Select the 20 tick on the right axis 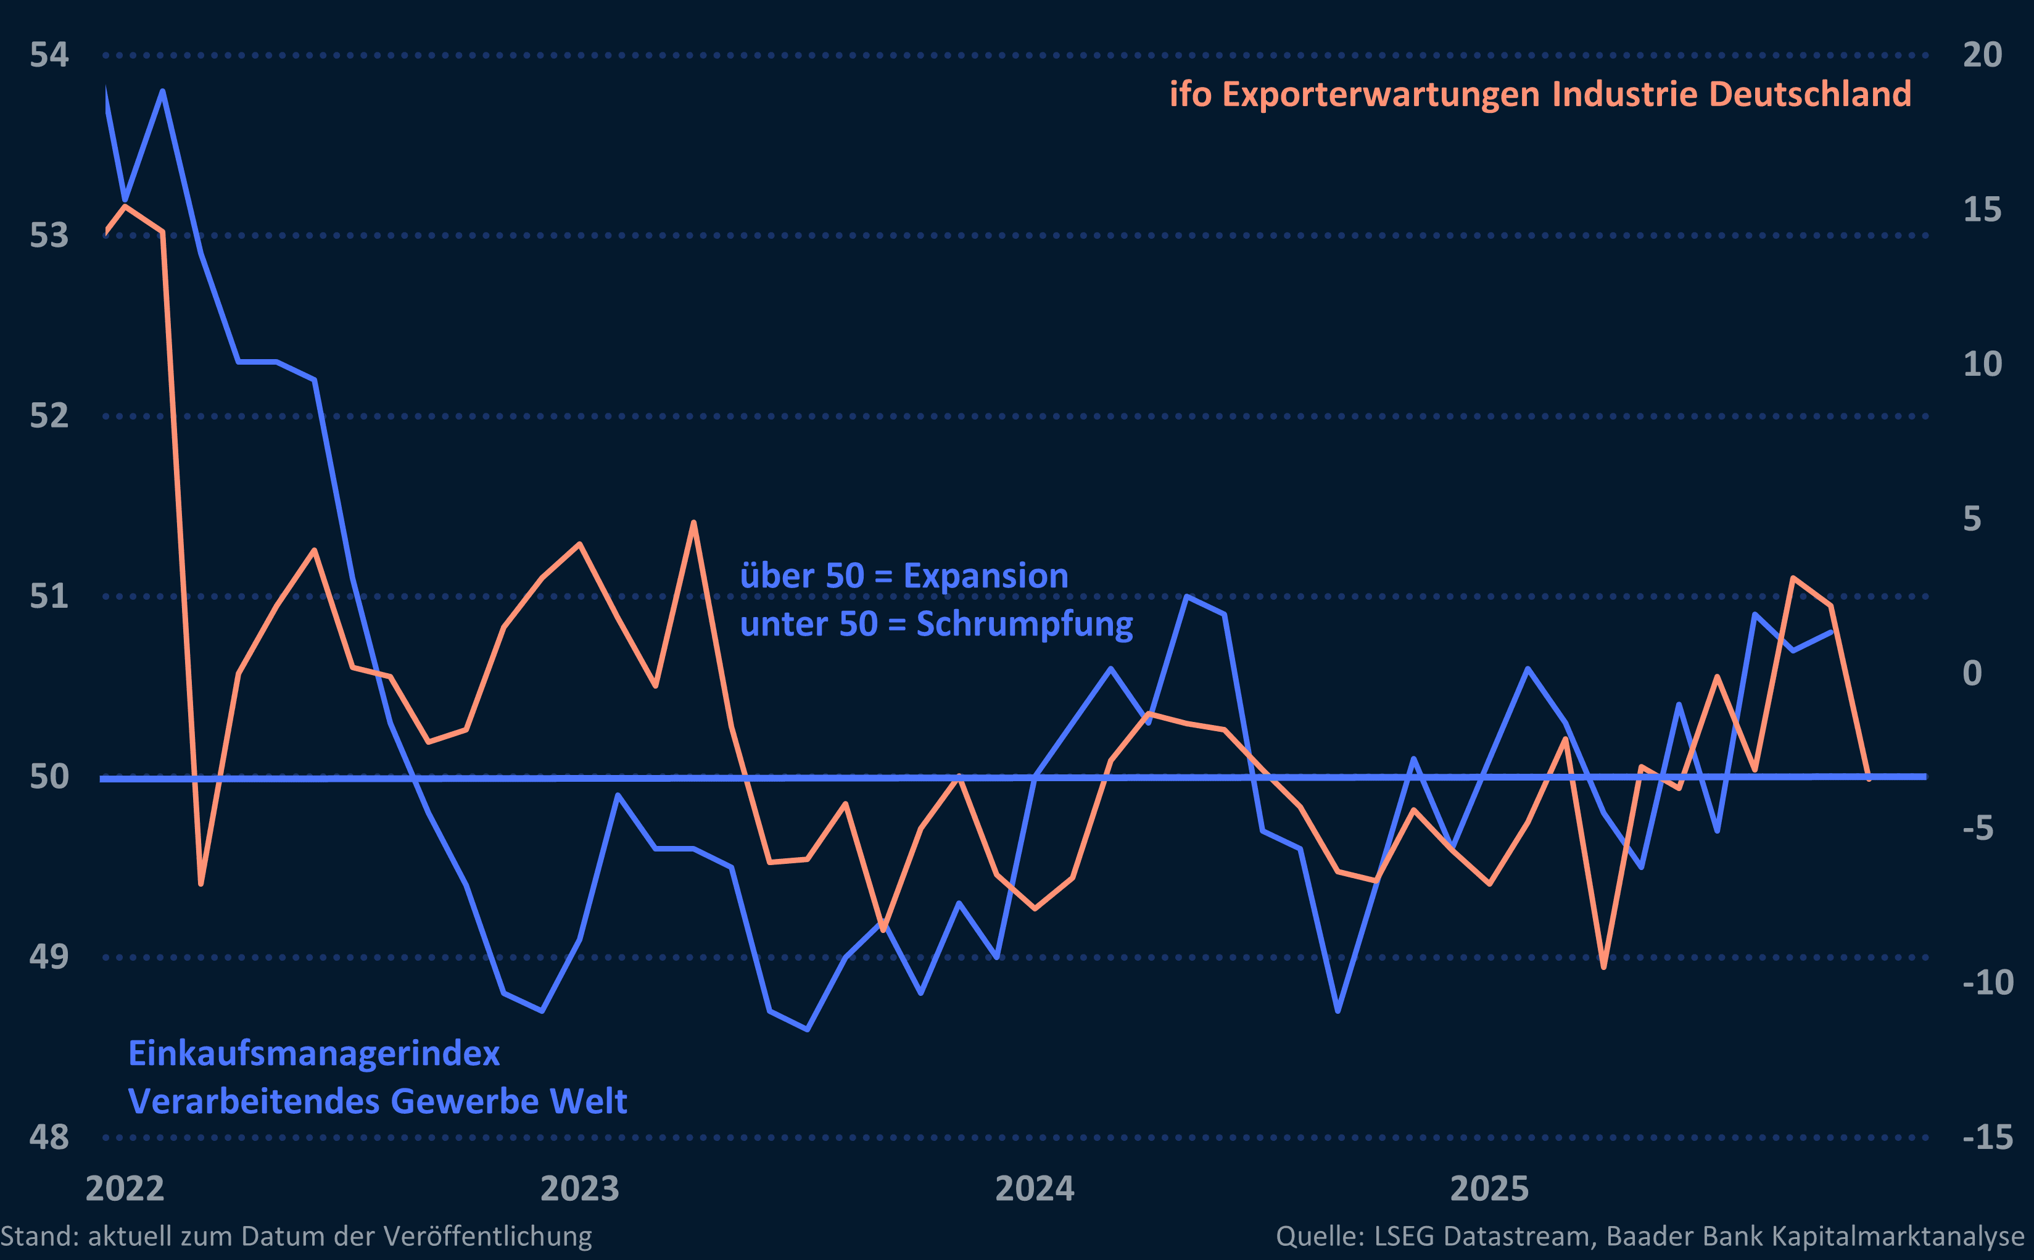point(1982,55)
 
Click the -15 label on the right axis point(1987,1137)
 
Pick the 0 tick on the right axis point(1972,673)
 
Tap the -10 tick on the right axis point(1987,982)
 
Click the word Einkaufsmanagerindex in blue point(314,1054)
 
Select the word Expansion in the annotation point(985,576)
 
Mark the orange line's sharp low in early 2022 point(201,884)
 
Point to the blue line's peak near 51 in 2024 point(1186,597)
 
